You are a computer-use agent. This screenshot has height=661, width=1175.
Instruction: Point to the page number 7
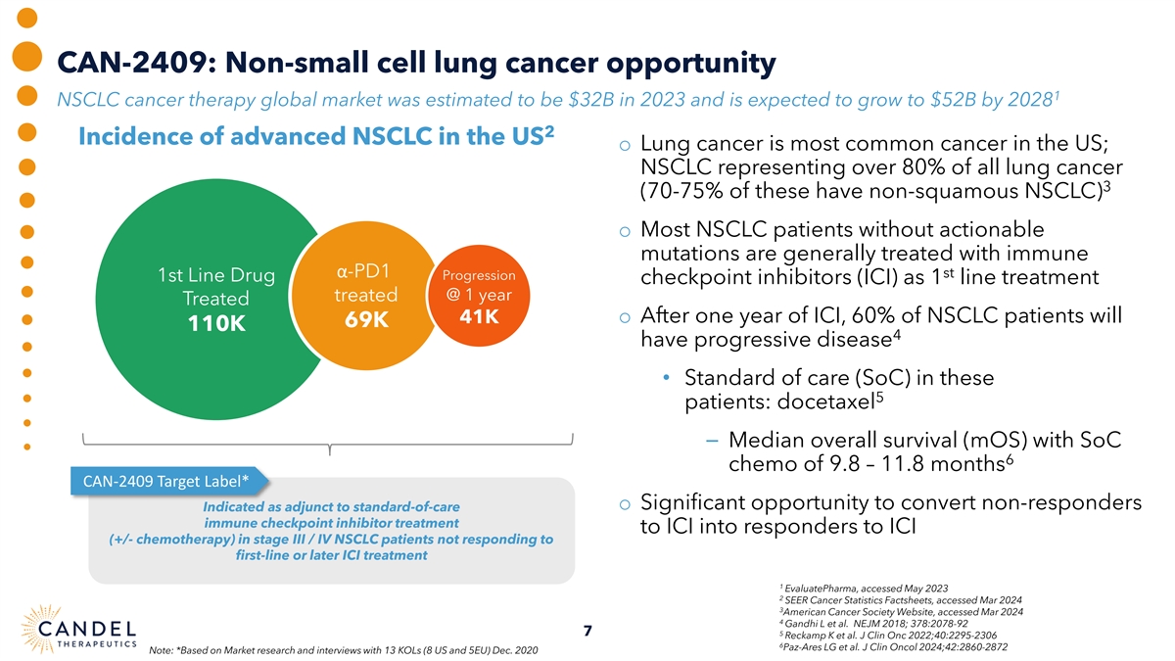tap(586, 632)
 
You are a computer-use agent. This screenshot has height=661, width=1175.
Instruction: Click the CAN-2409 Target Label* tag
tap(164, 480)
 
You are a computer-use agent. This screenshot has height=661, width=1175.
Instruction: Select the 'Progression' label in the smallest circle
tap(473, 275)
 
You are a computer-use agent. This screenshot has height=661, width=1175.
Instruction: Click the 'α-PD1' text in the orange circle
tap(365, 270)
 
